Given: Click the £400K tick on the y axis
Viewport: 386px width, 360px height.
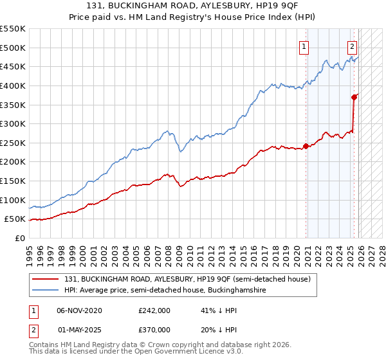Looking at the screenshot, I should tap(13, 85).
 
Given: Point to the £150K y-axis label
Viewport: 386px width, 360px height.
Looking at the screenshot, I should tap(13, 181).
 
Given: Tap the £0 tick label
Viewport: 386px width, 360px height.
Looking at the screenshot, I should tap(19, 238).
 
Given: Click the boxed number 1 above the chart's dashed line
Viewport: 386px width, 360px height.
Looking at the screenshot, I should tap(303, 46).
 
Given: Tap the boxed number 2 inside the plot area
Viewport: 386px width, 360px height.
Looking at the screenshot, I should tap(353, 46).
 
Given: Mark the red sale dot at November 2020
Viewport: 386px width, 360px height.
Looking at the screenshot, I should tap(306, 146).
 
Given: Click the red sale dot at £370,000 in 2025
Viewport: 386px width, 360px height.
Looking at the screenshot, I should tap(354, 97).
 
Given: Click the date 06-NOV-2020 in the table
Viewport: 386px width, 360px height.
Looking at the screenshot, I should tap(79, 310).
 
